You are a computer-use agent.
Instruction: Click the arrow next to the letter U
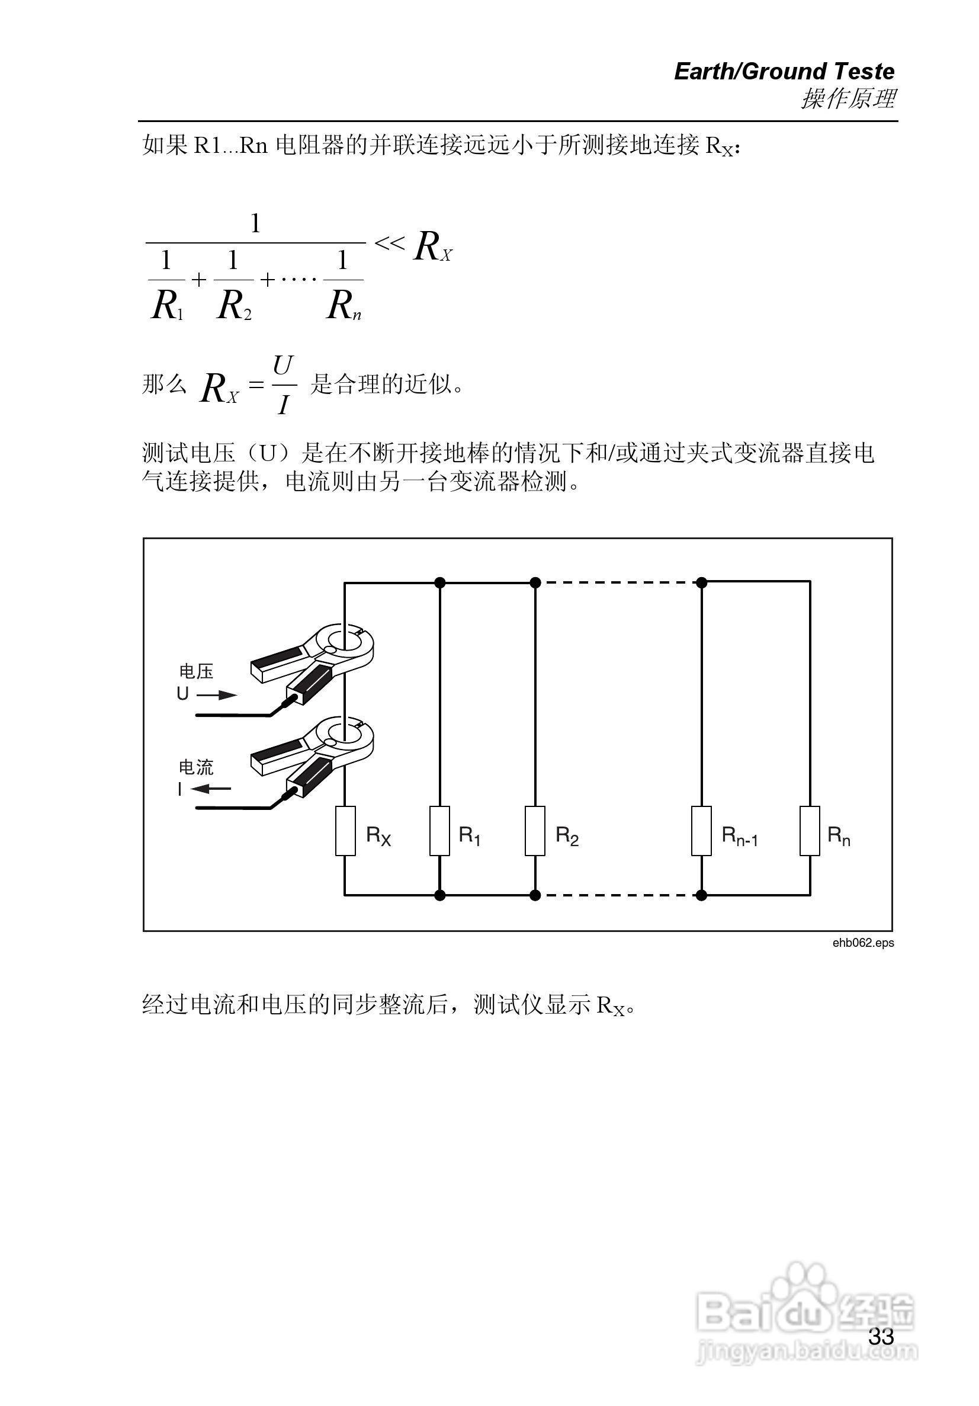[217, 694]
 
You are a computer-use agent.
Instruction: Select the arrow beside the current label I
[211, 789]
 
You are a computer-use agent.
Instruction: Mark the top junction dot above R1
[439, 582]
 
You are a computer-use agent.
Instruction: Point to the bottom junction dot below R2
[535, 895]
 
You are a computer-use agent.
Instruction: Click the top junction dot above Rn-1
[702, 582]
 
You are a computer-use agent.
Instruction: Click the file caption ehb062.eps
[863, 943]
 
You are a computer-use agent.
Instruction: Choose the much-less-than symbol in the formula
[389, 244]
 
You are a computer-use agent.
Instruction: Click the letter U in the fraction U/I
[283, 366]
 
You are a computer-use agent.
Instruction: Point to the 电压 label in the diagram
[196, 671]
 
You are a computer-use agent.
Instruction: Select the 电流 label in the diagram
[196, 767]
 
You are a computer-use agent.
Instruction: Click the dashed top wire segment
[618, 582]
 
